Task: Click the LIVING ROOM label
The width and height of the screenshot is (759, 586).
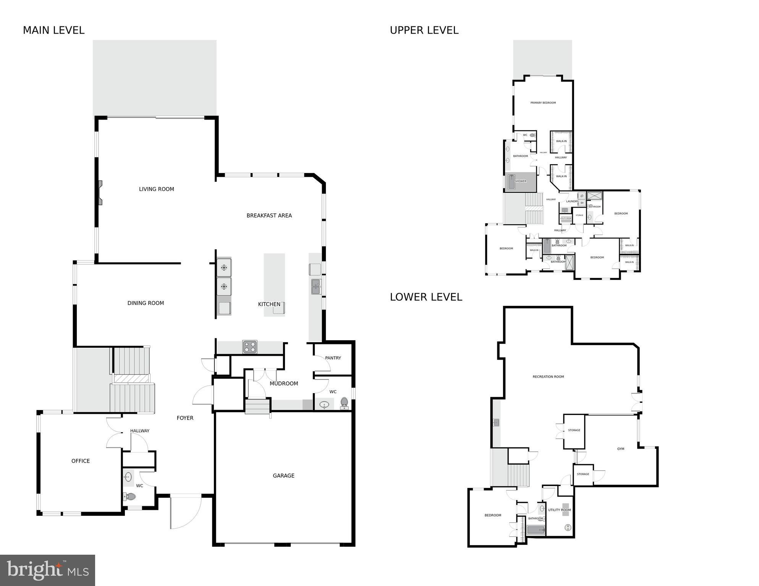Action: pyautogui.click(x=156, y=189)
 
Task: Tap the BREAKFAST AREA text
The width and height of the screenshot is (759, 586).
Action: pyautogui.click(x=269, y=216)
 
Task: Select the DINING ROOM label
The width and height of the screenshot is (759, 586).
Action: pyautogui.click(x=146, y=303)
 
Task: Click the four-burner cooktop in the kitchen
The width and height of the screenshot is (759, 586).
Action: pyautogui.click(x=250, y=347)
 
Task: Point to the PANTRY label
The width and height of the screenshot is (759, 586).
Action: pyautogui.click(x=333, y=358)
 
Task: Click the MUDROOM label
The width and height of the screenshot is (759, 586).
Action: pyautogui.click(x=283, y=384)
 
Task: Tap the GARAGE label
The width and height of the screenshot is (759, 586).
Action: pyautogui.click(x=283, y=476)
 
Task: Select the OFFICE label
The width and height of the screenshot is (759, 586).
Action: pyautogui.click(x=81, y=461)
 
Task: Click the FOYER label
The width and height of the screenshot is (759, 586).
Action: pyautogui.click(x=185, y=418)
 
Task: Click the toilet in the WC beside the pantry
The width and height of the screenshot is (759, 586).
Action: pyautogui.click(x=344, y=402)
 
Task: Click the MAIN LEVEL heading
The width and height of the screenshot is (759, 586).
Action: pyautogui.click(x=53, y=31)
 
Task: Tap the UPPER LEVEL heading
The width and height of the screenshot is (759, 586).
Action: pyautogui.click(x=424, y=31)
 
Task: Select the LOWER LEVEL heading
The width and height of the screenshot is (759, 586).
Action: pyautogui.click(x=426, y=297)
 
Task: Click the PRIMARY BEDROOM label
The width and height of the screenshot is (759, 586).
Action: pyautogui.click(x=543, y=103)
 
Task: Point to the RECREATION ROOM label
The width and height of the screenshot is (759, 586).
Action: pyautogui.click(x=548, y=377)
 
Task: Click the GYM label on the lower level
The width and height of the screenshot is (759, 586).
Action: pyautogui.click(x=620, y=449)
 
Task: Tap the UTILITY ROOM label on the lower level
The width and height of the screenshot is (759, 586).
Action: pyautogui.click(x=559, y=510)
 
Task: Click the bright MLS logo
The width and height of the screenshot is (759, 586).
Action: pyautogui.click(x=47, y=570)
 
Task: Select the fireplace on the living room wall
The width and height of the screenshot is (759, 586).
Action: pyautogui.click(x=100, y=193)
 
